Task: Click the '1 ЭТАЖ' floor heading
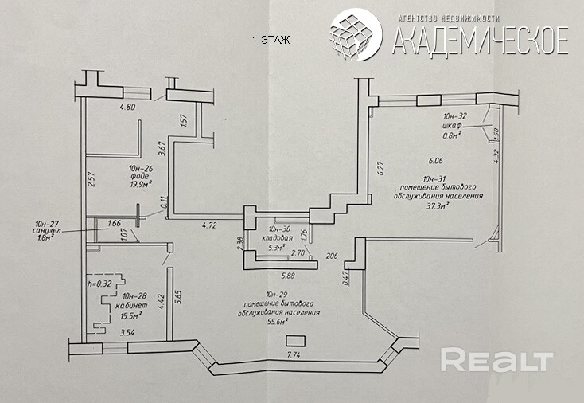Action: [x=271, y=39]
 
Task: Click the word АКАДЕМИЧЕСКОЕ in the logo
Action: [x=481, y=40]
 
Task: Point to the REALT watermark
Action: [x=496, y=360]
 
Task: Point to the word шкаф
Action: [x=451, y=127]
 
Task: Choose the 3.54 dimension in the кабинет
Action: [x=126, y=333]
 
